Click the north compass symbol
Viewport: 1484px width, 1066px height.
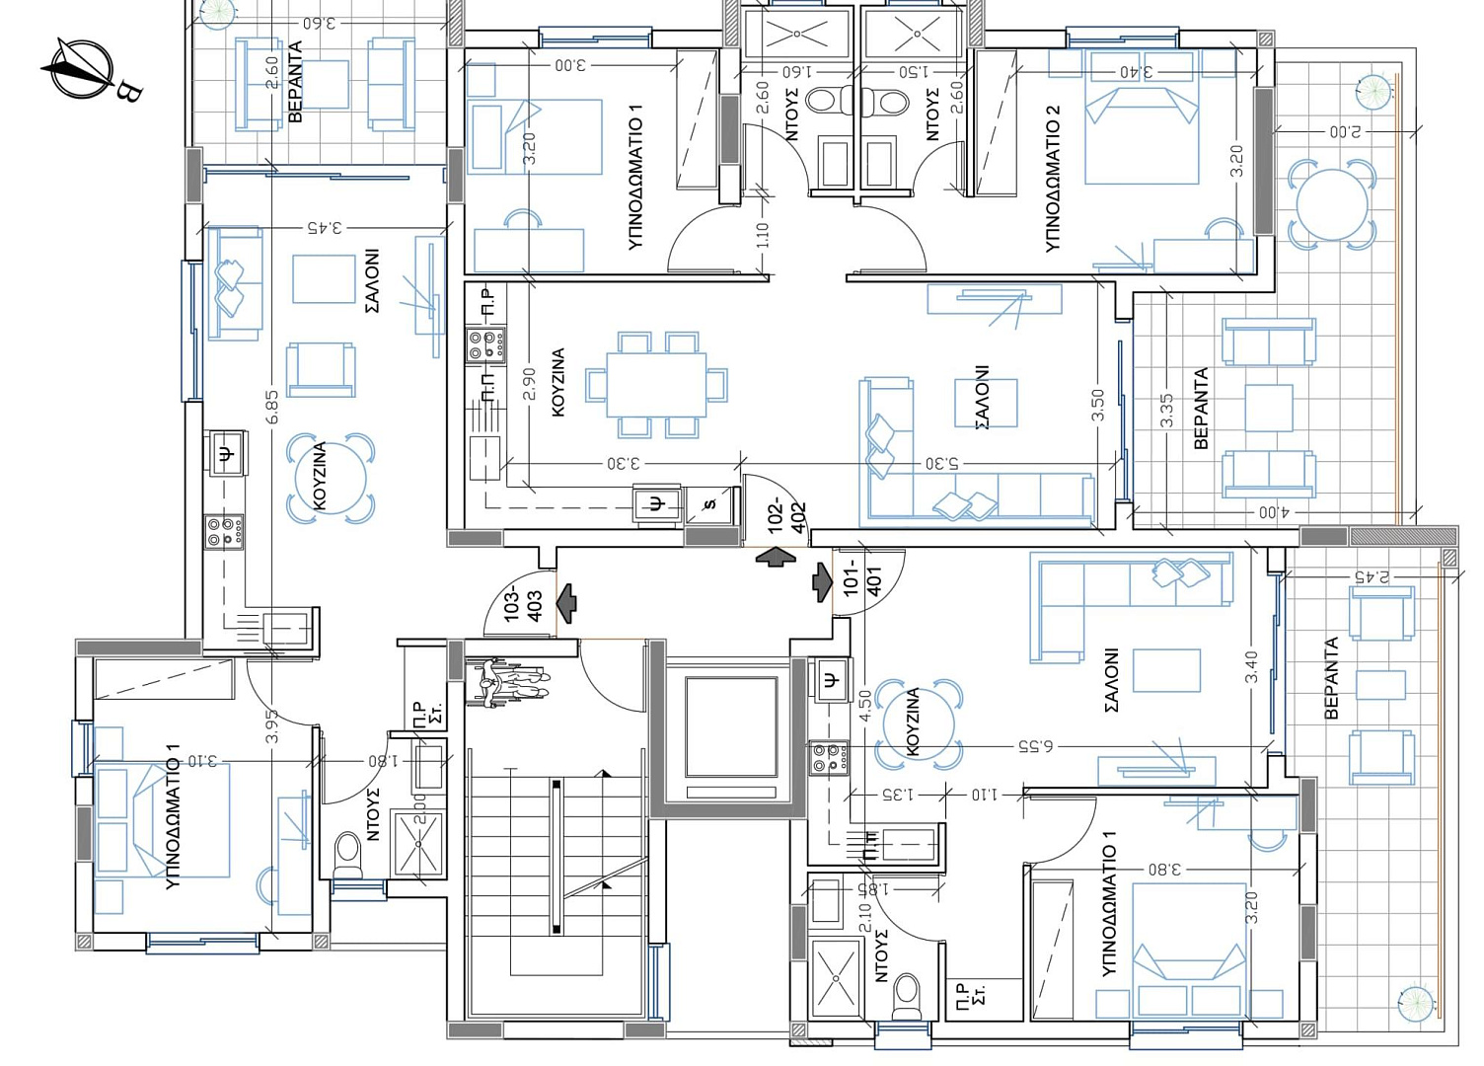tap(83, 68)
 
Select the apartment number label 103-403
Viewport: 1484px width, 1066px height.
tap(523, 605)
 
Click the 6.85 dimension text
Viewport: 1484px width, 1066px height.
tap(271, 406)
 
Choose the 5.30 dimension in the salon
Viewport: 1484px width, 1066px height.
tap(941, 464)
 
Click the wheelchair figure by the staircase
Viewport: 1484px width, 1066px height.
tap(508, 684)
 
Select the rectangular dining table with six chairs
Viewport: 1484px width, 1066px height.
tap(656, 385)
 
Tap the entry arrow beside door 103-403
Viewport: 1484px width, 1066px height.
tap(566, 604)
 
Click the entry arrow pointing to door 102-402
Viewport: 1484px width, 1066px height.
tap(776, 557)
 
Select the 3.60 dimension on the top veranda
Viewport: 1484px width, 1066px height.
tap(320, 23)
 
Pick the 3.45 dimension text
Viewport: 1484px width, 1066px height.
tap(325, 229)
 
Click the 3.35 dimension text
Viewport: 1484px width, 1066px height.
tap(1166, 411)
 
